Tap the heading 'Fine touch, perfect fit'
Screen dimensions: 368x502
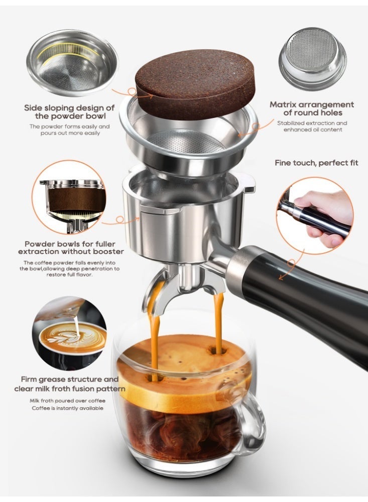point(316,163)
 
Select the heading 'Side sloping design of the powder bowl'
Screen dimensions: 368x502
point(69,112)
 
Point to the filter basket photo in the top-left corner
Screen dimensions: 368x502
point(72,63)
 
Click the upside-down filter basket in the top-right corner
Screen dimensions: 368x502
point(313,57)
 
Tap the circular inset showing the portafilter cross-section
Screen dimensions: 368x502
point(69,197)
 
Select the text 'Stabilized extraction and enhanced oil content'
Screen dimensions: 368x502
point(312,127)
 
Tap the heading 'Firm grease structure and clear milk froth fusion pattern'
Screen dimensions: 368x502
point(69,384)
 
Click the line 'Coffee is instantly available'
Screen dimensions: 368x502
point(68,408)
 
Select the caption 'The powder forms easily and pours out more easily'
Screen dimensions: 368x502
point(70,130)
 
